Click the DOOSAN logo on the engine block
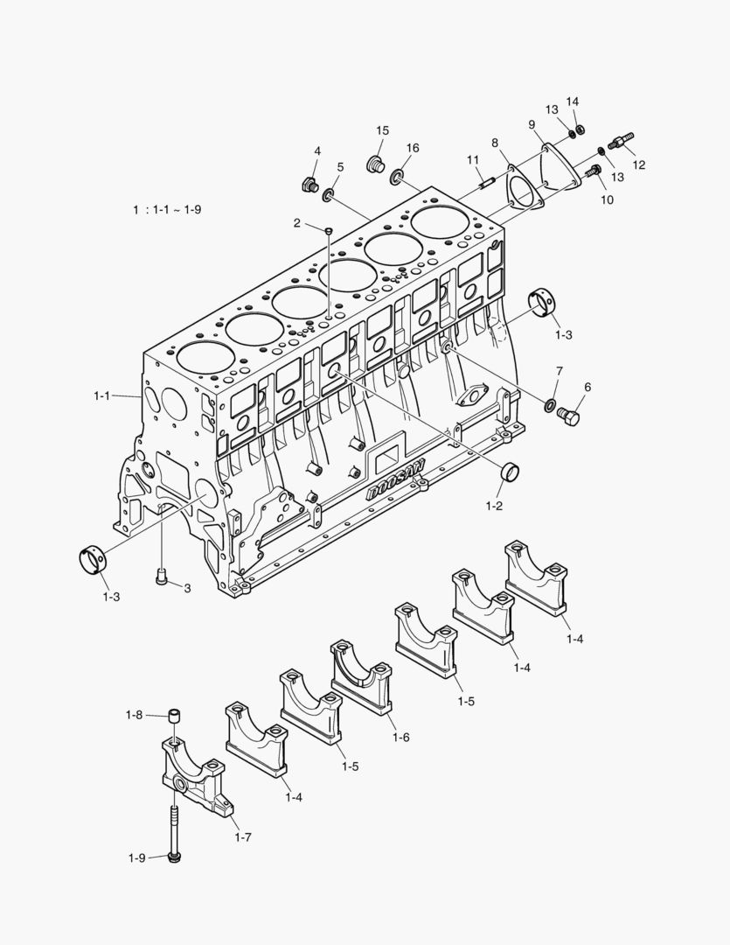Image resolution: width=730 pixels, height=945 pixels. pos(395,479)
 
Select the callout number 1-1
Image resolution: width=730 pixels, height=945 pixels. pos(102,396)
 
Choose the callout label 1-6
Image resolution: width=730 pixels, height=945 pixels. pos(400,738)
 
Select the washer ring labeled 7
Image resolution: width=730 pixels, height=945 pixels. pos(550,405)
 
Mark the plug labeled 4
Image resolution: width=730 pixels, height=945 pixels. pos(308,184)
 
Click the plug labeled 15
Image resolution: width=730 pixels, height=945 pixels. pos(378,164)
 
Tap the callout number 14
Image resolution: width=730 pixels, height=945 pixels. pos(573,101)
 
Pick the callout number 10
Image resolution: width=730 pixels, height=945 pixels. pos(607,199)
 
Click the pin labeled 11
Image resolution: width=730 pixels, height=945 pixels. pos(488,183)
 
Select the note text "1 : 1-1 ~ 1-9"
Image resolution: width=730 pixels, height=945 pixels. pos(167,210)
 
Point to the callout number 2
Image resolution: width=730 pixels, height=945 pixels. pos(297,224)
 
